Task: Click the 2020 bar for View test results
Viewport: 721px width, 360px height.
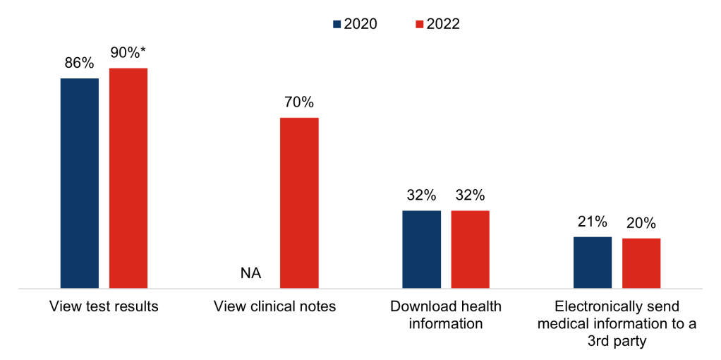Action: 79,183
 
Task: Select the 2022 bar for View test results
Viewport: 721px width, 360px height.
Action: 128,178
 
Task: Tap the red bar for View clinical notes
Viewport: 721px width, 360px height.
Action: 299,203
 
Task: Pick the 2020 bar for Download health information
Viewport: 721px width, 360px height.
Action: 421,249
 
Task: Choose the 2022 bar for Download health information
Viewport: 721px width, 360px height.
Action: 470,249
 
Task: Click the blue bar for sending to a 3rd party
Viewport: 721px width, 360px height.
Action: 592,263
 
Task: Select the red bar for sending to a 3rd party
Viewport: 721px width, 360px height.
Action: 641,263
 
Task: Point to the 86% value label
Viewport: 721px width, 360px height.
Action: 79,63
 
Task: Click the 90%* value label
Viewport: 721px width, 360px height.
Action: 129,53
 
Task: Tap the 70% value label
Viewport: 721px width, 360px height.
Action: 299,102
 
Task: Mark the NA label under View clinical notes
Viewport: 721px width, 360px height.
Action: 250,273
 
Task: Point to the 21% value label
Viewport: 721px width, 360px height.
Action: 592,222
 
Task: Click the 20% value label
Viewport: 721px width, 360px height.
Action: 641,223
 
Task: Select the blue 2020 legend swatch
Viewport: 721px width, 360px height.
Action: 337,24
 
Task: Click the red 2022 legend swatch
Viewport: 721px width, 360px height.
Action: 419,24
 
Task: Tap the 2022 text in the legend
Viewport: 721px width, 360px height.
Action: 442,24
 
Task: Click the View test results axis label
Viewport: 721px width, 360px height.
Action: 104,307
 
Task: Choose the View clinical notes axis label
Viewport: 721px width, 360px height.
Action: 275,307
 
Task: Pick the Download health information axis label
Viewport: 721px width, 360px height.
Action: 446,316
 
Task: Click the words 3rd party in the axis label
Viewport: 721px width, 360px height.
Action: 617,341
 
